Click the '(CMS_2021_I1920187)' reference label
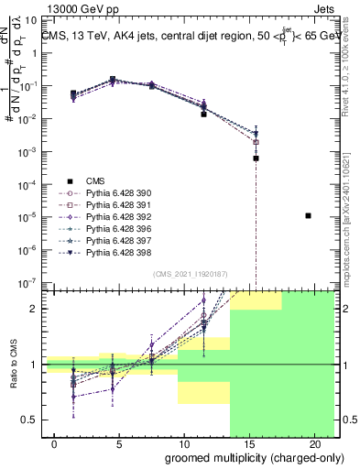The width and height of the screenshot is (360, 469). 190,273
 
